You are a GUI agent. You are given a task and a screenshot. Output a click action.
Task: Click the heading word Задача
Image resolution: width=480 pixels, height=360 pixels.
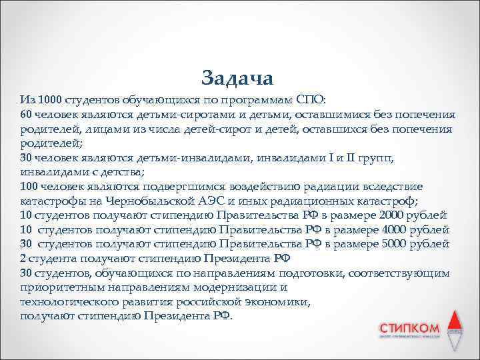click(x=237, y=77)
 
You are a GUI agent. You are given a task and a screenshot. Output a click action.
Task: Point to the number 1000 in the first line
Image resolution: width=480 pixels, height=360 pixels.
click(x=51, y=100)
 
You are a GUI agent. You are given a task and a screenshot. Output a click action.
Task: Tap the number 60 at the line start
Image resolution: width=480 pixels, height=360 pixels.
click(x=26, y=114)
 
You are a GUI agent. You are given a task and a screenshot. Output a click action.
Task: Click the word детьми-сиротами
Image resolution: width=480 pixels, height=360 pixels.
click(x=158, y=114)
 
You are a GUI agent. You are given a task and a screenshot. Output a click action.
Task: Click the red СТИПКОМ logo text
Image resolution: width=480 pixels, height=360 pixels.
click(x=409, y=329)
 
